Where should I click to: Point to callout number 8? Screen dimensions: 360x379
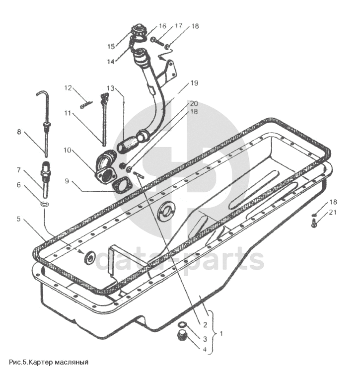(19, 132)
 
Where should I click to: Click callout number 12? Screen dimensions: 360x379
(68, 88)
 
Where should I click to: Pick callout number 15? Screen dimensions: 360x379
(111, 46)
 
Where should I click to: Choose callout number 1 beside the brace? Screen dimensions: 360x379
(221, 334)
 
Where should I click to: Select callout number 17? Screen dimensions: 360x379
(179, 26)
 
